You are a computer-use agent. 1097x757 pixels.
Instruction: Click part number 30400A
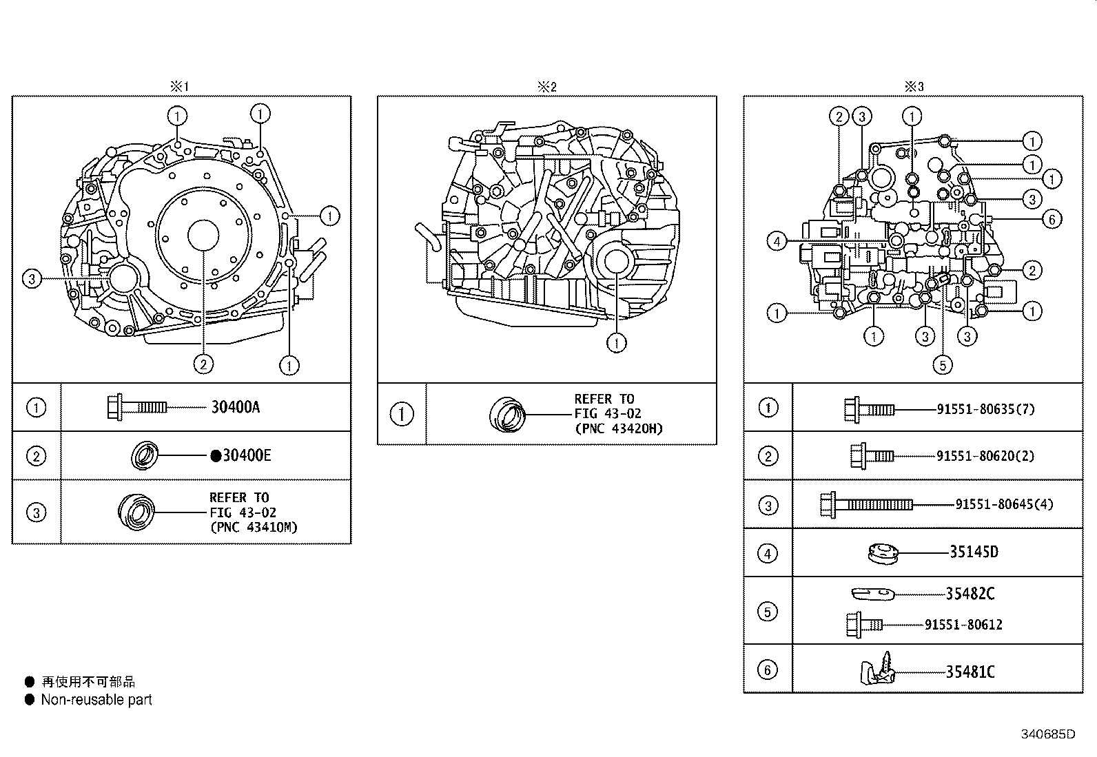(x=236, y=407)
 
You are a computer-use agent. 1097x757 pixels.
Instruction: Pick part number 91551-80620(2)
(x=985, y=456)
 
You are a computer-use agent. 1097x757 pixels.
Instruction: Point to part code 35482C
(x=970, y=593)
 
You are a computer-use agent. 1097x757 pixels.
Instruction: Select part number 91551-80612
(x=963, y=625)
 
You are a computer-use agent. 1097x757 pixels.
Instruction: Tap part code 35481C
(x=970, y=672)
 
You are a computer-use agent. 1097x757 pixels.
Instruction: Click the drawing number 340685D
(x=1048, y=734)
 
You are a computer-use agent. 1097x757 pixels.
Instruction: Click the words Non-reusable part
(x=96, y=700)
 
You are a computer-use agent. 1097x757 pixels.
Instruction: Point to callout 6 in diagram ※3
(x=1052, y=220)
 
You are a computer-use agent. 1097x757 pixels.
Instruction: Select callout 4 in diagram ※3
(x=777, y=241)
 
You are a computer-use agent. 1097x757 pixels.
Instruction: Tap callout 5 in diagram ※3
(x=943, y=364)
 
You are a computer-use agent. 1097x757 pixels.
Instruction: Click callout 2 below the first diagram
(x=203, y=364)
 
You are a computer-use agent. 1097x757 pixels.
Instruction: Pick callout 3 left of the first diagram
(x=32, y=279)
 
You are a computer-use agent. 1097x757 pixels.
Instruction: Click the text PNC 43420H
(x=619, y=428)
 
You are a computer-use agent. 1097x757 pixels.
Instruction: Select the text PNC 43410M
(x=254, y=528)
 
